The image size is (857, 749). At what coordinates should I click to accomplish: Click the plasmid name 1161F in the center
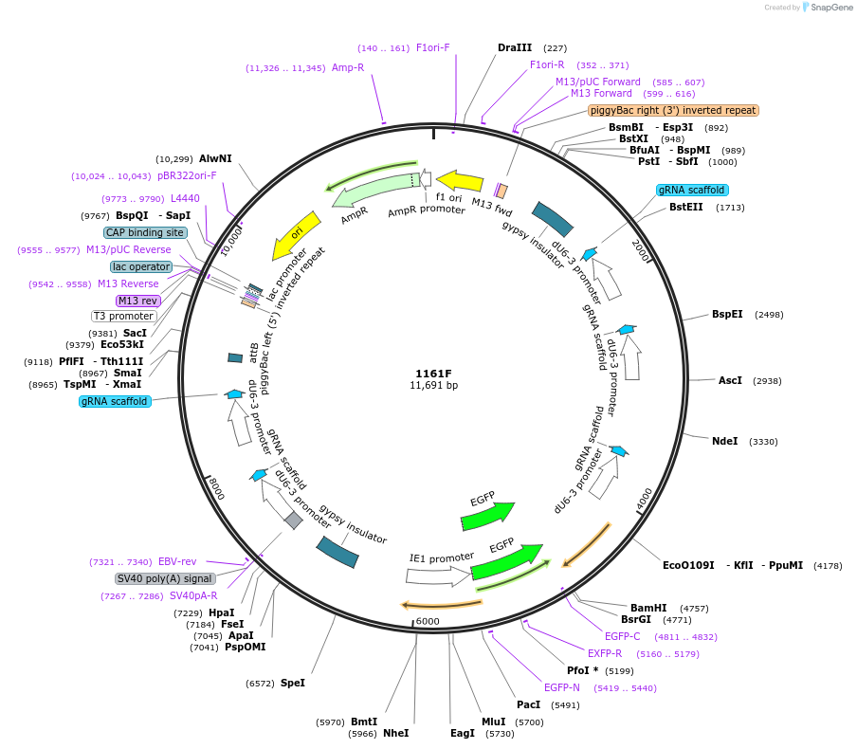pos(434,373)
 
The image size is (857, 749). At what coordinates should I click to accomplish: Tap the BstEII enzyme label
pos(686,207)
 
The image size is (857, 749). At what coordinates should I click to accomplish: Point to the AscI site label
pos(730,380)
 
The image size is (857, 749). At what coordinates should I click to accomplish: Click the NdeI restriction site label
pos(724,441)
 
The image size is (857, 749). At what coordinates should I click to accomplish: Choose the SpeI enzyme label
pos(293,683)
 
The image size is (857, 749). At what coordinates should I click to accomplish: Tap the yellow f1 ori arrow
pos(459,180)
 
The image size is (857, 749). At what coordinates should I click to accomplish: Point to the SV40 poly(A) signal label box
pos(165,578)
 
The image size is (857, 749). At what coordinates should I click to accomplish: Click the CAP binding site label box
pos(145,232)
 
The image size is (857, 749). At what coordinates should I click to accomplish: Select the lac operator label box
pos(141,266)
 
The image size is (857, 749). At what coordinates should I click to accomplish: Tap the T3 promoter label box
pos(123,316)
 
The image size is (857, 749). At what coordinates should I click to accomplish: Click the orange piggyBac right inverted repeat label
pos(673,110)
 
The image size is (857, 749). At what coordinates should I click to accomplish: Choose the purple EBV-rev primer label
pos(177,561)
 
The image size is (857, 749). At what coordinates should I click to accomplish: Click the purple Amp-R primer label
pos(348,67)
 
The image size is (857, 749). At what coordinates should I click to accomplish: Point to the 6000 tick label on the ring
pos(428,621)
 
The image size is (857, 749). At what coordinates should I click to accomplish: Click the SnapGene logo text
pos(828,8)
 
